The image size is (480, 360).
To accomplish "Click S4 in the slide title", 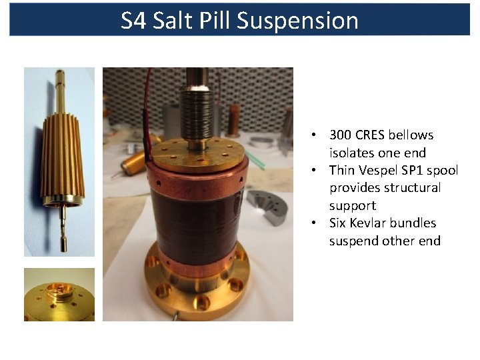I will pos(134,21).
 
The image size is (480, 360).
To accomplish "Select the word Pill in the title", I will pos(217,21).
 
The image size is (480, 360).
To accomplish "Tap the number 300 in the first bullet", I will pos(341,135).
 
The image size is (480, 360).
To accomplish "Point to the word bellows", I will pos(411,135).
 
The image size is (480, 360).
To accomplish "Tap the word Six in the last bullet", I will pos(339,223).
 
